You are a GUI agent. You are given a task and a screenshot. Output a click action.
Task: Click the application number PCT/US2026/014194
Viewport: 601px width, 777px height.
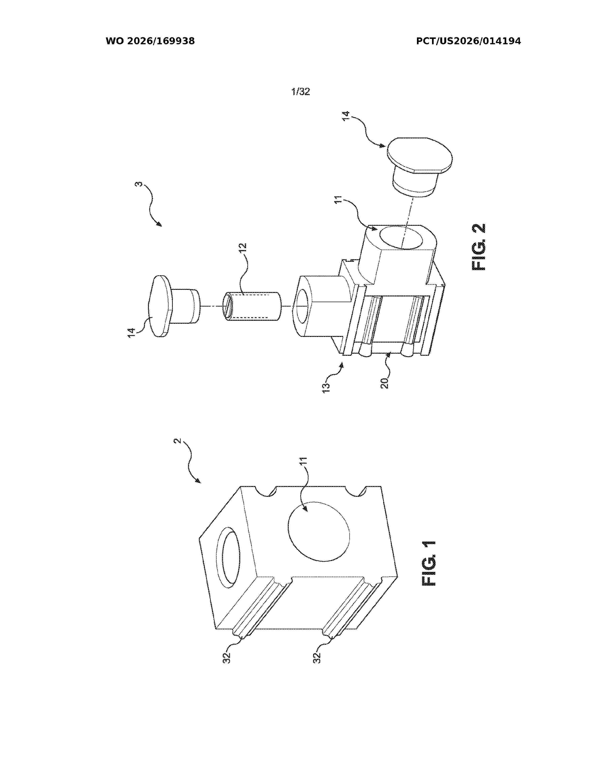point(469,41)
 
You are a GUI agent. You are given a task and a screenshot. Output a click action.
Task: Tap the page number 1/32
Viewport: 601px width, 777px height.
point(300,92)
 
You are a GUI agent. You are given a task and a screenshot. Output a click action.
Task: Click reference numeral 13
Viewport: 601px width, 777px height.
point(326,387)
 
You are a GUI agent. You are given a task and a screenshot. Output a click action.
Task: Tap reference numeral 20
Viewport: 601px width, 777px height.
point(385,383)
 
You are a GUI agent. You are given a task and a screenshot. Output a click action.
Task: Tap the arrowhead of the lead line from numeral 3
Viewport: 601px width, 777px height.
point(160,224)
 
